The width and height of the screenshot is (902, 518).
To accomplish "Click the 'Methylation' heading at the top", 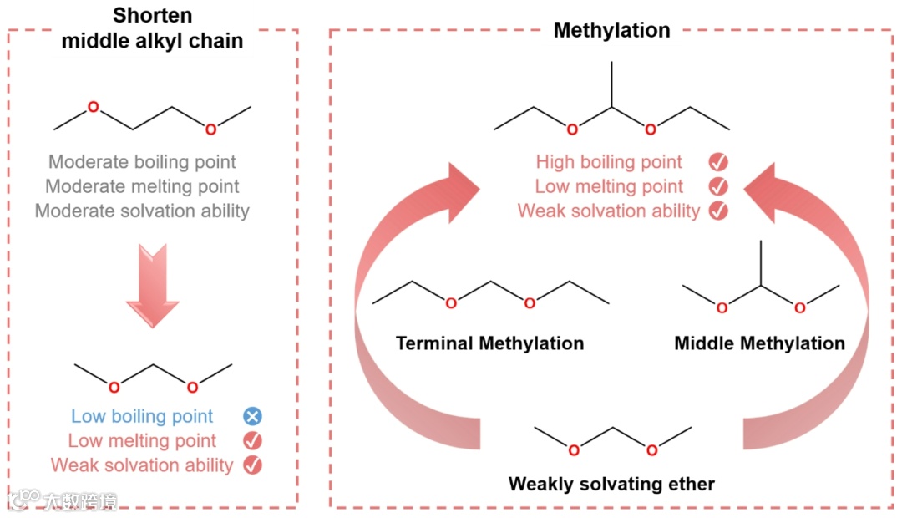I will pyautogui.click(x=611, y=31).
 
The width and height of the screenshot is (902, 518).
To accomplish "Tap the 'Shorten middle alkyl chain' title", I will pyautogui.click(x=152, y=28).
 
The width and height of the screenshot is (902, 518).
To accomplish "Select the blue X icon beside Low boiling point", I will pyautogui.click(x=252, y=416).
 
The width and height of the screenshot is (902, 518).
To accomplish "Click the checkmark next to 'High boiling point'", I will pyautogui.click(x=717, y=162).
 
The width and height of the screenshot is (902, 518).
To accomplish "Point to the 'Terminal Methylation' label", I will pyautogui.click(x=489, y=343).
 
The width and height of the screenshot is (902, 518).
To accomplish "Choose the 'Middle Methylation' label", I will pyautogui.click(x=759, y=343).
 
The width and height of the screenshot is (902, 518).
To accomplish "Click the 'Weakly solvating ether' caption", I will pyautogui.click(x=611, y=484).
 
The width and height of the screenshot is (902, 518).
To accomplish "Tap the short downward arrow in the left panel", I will pyautogui.click(x=152, y=285).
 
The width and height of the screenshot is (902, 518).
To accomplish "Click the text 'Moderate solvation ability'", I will pyautogui.click(x=142, y=211).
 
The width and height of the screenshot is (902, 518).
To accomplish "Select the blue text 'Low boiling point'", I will pyautogui.click(x=142, y=416).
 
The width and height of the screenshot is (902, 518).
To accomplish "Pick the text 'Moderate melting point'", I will pyautogui.click(x=142, y=186).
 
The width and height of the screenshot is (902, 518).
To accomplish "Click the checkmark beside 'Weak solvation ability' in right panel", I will pyautogui.click(x=717, y=211).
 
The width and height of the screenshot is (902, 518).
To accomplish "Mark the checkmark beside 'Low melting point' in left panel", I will pyautogui.click(x=252, y=440).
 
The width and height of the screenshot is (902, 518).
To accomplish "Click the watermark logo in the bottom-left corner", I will pyautogui.click(x=25, y=500).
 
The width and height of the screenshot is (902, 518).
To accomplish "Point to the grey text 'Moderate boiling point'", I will pyautogui.click(x=142, y=162).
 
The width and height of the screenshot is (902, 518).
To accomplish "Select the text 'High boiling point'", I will pyautogui.click(x=609, y=162).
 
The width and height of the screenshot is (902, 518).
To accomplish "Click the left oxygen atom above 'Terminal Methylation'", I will pyautogui.click(x=451, y=303).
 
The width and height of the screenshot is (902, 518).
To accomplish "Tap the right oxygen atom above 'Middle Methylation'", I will pyautogui.click(x=799, y=308).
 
